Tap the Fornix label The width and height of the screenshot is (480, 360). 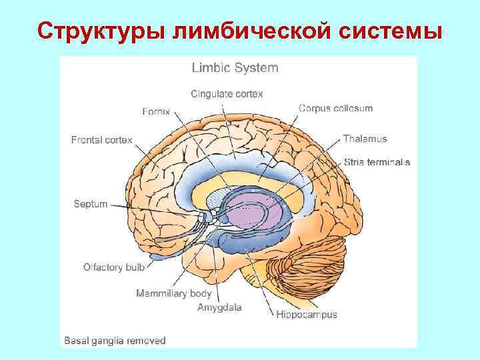[157, 111]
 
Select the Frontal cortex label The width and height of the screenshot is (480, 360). [102, 140]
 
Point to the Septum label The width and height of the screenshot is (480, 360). [90, 204]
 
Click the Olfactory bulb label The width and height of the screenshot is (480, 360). [113, 267]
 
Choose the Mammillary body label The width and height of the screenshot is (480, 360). [173, 293]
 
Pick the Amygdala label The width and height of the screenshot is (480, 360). [219, 307]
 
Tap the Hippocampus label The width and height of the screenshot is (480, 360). [307, 314]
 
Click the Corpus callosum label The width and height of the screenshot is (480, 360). [335, 108]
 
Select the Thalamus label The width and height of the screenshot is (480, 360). [365, 139]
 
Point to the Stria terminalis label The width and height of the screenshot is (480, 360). [377, 162]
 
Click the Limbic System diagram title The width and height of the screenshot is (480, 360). [235, 68]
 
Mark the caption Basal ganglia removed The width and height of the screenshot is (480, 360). [115, 340]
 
